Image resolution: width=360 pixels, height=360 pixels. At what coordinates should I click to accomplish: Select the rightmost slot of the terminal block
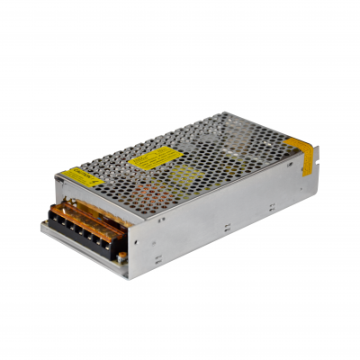pyautogui.click(x=117, y=242)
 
